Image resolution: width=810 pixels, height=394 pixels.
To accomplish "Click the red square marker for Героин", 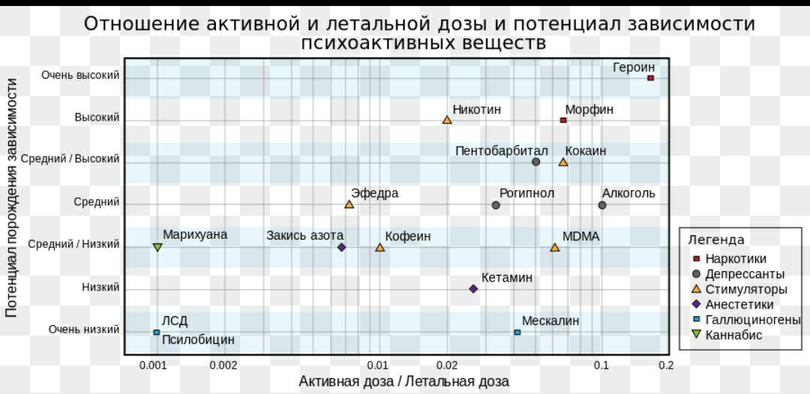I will (650, 78).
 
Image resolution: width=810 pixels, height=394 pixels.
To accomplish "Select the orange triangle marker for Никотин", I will (447, 120).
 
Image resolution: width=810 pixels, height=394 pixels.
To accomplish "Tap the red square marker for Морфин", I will (563, 120).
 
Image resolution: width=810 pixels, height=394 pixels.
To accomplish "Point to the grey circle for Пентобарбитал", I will (535, 162).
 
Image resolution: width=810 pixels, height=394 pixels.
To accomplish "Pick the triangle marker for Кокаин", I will (563, 162).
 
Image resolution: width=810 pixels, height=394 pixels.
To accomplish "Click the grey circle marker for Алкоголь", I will (602, 204).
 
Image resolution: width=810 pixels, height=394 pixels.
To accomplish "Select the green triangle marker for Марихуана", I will (157, 247).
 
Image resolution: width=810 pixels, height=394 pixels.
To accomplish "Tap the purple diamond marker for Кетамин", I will (473, 288).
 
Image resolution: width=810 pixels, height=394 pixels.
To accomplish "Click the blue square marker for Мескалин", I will (517, 332).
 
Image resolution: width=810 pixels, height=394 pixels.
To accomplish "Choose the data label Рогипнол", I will (526, 193).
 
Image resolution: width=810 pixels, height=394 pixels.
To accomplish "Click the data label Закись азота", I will (304, 236).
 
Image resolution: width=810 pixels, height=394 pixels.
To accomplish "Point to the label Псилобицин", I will (198, 340).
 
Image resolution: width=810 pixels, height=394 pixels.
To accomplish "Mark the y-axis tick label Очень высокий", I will (80, 75).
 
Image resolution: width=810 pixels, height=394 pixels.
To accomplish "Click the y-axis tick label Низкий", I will (100, 287).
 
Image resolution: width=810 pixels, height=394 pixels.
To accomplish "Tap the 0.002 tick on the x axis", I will (223, 366).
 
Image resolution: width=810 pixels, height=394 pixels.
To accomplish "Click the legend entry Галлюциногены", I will (752, 320).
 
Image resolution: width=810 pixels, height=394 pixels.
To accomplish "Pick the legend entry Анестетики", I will (739, 305).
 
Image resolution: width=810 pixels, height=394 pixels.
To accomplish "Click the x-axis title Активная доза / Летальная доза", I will (403, 381).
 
